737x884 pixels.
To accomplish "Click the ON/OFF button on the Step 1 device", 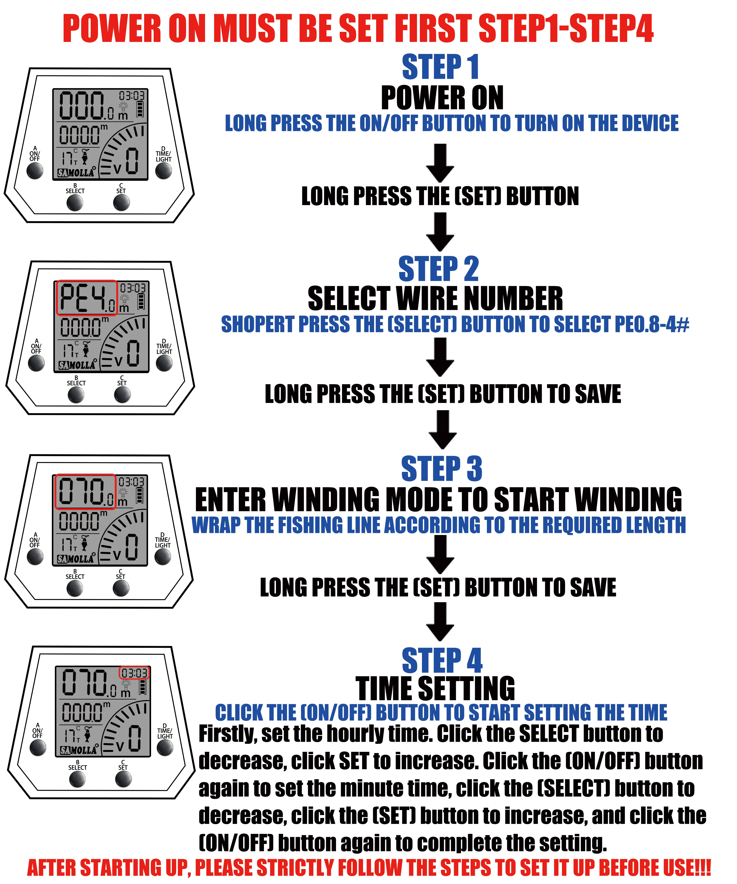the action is [35, 170].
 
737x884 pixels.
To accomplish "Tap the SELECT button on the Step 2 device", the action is [76, 394].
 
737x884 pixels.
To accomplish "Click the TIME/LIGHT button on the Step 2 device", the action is [164, 363].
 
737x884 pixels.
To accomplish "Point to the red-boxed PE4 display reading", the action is [87, 298].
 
